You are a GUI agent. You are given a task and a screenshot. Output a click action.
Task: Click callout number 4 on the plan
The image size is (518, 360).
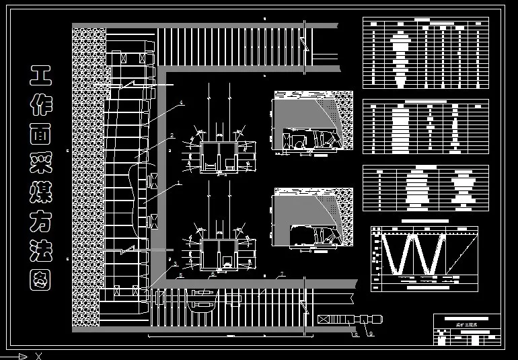(x=181, y=102)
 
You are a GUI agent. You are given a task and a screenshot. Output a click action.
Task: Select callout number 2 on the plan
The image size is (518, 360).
(x=172, y=135)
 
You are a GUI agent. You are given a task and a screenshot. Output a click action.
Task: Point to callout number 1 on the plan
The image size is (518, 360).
(x=179, y=182)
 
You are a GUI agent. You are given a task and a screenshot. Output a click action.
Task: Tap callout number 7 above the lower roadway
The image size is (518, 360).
(x=282, y=273)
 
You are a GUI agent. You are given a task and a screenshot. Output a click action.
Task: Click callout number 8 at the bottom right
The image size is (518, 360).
(x=356, y=332)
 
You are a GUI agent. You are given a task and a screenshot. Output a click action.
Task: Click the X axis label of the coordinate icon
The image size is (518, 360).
(x=38, y=356)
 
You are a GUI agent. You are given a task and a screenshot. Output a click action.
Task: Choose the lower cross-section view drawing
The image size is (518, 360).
(x=313, y=219)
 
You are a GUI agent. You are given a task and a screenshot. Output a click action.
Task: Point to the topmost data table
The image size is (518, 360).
(x=425, y=53)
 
